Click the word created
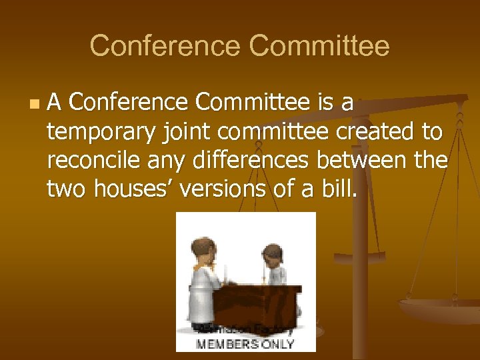click(374, 132)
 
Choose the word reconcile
click(96, 161)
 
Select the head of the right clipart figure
click(272, 253)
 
